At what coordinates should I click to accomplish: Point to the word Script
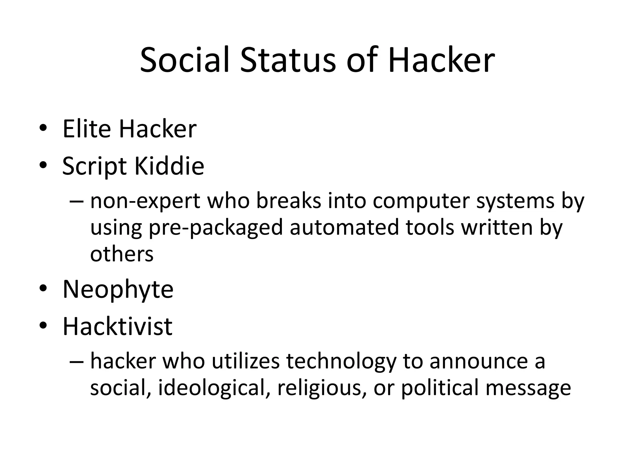(95, 166)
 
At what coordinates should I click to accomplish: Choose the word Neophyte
(118, 289)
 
